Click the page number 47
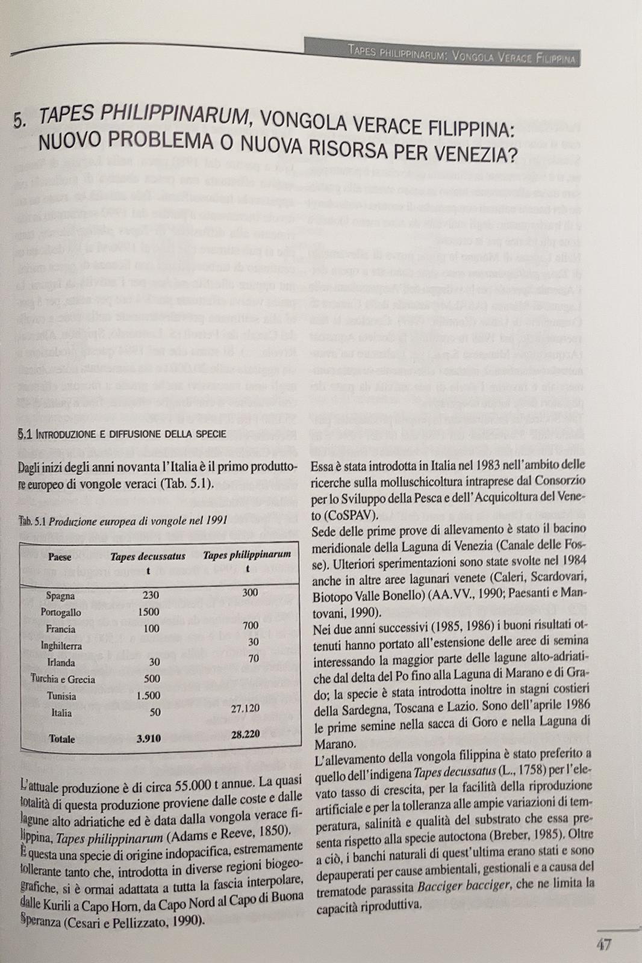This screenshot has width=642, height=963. pyautogui.click(x=604, y=944)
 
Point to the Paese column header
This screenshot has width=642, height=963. pyautogui.click(x=60, y=556)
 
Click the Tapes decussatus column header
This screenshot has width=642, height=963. pyautogui.click(x=148, y=557)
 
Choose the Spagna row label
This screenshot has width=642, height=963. pyautogui.click(x=60, y=596)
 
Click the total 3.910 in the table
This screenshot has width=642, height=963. pyautogui.click(x=148, y=739)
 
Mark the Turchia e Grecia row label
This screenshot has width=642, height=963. pyautogui.click(x=63, y=680)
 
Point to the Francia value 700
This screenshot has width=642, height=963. pyautogui.click(x=250, y=625)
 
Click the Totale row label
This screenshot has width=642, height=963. pyautogui.click(x=62, y=739)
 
